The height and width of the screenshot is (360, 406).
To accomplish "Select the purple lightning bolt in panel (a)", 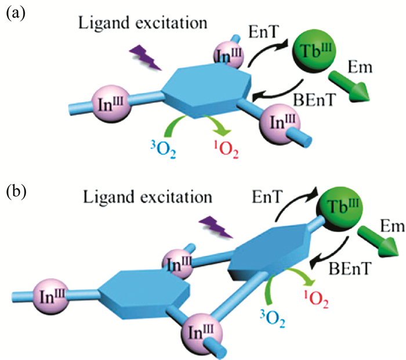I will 147,58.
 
